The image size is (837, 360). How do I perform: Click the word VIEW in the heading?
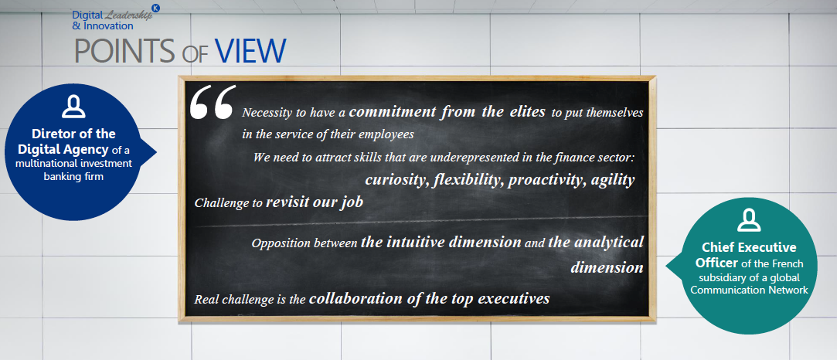click(x=251, y=51)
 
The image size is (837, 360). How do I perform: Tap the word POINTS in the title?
click(x=124, y=51)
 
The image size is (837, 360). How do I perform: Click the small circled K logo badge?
click(x=156, y=8)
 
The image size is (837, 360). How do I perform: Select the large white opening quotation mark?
click(x=213, y=102)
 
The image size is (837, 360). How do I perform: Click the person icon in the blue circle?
click(x=73, y=107)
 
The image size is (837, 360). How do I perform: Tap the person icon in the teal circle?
click(x=748, y=219)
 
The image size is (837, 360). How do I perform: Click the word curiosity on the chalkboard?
click(x=396, y=180)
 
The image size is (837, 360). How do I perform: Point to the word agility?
click(x=612, y=180)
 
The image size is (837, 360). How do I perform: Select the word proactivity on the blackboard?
click(x=547, y=180)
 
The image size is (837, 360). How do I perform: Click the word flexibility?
click(x=468, y=180)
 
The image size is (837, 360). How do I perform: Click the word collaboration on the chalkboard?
click(x=356, y=298)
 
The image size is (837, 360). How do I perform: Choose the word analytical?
click(x=609, y=243)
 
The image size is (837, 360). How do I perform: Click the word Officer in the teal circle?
click(x=720, y=263)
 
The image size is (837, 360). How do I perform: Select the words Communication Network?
click(x=749, y=290)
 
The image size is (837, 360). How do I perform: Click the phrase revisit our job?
click(x=315, y=202)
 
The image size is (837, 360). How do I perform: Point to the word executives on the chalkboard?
click(x=513, y=298)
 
